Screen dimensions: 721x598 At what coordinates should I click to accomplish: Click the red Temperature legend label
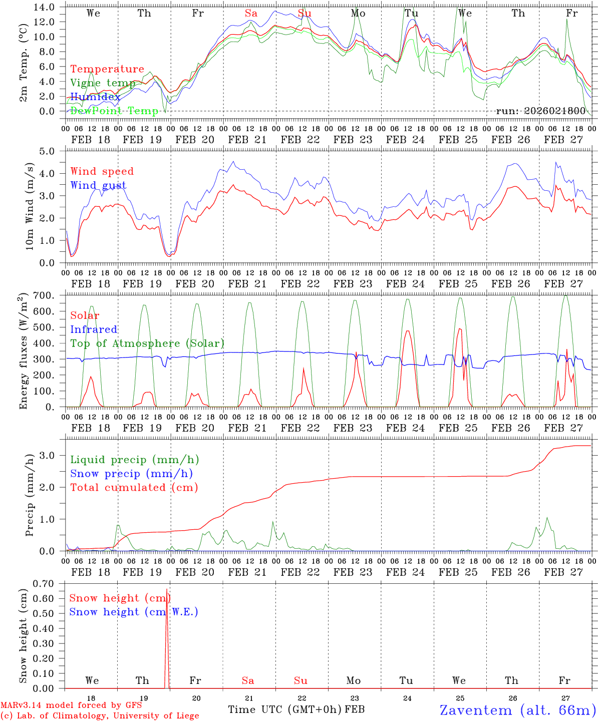coord(107,69)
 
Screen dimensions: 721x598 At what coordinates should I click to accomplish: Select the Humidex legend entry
coord(95,97)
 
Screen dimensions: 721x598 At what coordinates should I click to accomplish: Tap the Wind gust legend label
coord(98,185)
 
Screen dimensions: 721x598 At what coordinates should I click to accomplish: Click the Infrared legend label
coord(94,329)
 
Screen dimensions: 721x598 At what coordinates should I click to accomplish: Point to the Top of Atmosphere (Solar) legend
coord(147,343)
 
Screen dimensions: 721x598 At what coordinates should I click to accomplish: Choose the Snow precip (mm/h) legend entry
coord(131,474)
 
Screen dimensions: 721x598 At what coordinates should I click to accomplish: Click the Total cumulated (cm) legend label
coord(134,487)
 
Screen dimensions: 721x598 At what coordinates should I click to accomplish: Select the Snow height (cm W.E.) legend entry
coord(134,612)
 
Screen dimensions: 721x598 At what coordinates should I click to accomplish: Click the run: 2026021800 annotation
coord(540,111)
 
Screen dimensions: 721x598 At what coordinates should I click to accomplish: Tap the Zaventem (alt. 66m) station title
coord(518,710)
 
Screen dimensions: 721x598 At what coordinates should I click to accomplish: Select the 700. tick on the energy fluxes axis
coord(44,296)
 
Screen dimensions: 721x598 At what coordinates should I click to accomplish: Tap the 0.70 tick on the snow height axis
coord(44,584)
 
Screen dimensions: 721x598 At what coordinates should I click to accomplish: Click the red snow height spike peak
coord(167,589)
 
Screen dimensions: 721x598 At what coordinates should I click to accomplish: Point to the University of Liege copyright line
coord(99,715)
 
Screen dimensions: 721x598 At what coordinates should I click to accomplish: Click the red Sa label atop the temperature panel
coord(251,14)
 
